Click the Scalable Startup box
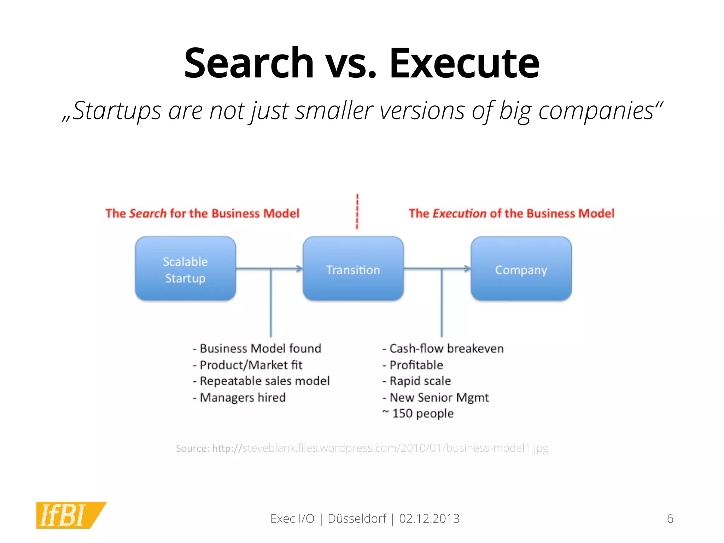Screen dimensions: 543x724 tap(185, 269)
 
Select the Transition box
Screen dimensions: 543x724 tap(353, 269)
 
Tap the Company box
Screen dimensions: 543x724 tap(521, 269)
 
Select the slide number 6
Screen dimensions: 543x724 tap(670, 519)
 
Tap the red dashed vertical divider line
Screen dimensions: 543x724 tap(357, 211)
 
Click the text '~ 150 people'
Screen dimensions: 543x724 tap(418, 413)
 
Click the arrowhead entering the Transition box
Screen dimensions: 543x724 tap(300, 269)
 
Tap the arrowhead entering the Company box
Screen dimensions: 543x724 tap(467, 269)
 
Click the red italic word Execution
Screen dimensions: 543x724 tap(459, 214)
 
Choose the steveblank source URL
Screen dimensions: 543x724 tap(380, 448)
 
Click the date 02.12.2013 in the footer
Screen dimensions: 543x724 tap(429, 519)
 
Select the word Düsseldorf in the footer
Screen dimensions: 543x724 tap(357, 519)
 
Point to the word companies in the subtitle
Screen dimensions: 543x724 tap(596, 111)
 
